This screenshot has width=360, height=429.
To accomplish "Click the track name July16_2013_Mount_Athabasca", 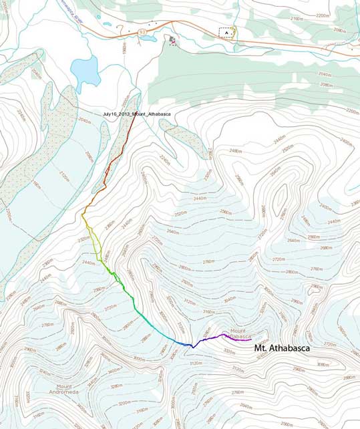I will pyautogui.click(x=137, y=114).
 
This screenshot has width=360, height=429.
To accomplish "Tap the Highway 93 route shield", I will pyautogui.click(x=142, y=31).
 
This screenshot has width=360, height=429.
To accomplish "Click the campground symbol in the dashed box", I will pyautogui.click(x=227, y=32).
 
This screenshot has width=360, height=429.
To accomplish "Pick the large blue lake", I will pyautogui.click(x=85, y=69).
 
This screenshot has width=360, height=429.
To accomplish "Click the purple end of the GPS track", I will pyautogui.click(x=224, y=334).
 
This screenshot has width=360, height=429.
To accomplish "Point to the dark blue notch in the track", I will pyautogui.click(x=192, y=347).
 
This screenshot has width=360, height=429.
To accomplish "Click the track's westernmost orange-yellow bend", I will pyautogui.click(x=83, y=216).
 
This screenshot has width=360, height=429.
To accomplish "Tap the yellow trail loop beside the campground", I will pyautogui.click(x=236, y=31).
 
